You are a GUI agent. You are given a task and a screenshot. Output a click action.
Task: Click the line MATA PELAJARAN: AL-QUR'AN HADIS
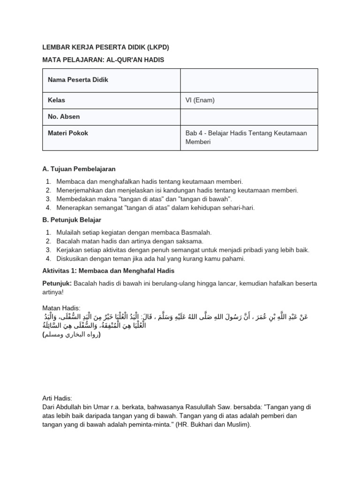tap(103, 60)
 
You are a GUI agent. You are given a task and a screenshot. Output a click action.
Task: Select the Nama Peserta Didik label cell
tap(78, 80)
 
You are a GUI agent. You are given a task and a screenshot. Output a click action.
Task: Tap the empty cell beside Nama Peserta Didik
tap(249, 80)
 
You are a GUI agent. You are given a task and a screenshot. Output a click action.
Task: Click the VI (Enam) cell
tap(201, 100)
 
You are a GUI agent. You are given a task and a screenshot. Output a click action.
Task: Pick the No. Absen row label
tap(64, 117)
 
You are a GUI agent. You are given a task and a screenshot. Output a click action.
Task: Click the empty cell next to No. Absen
tap(249, 117)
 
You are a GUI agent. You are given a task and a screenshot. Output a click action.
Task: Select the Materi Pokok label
tap(68, 133)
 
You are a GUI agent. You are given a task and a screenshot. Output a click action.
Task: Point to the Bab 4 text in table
tap(193, 133)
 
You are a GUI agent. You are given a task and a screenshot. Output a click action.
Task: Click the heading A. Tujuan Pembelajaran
tap(79, 169)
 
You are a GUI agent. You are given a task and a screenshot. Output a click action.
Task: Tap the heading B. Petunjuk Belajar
tap(72, 220)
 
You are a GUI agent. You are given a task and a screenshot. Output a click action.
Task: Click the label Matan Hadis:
tap(61, 308)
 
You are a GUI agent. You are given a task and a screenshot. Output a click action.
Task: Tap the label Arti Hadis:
tap(59, 398)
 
